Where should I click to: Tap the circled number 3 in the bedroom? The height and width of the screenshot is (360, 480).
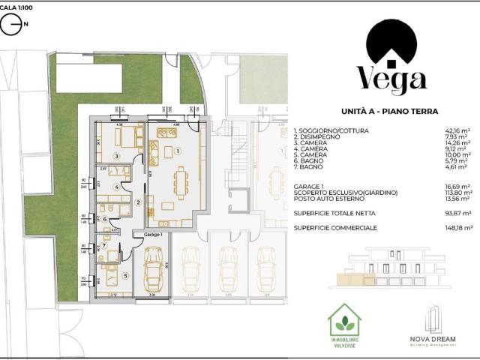[116, 156]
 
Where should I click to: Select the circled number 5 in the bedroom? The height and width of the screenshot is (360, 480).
[125, 275]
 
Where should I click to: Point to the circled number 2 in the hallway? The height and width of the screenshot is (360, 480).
[137, 202]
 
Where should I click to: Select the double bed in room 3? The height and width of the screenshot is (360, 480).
[126, 136]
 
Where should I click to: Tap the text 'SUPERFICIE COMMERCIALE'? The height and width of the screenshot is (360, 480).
[334, 227]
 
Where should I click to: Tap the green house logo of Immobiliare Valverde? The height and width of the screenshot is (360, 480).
[345, 321]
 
